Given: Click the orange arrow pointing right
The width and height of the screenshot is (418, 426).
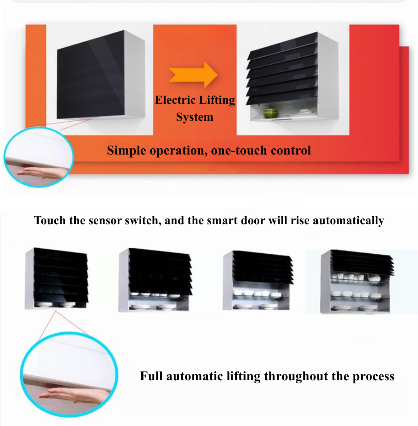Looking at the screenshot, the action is pos(194,75).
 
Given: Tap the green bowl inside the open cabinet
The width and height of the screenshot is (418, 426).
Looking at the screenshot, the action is pos(271,113).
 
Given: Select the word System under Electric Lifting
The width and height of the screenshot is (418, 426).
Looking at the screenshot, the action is pos(195,117).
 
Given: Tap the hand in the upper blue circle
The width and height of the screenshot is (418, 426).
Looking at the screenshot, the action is pos(42,173).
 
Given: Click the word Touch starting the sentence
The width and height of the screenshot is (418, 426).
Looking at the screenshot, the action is pos(50,220).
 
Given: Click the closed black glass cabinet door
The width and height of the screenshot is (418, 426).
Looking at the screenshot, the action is pos(91,75).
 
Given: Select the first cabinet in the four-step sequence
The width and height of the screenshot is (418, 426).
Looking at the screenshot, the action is pos(57,278).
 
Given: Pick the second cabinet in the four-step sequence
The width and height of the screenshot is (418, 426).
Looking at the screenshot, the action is pos(155,280).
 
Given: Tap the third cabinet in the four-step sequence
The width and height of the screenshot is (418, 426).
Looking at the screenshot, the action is pos(258,280).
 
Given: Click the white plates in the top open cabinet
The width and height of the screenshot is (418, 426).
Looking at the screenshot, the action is pos(304,112).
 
